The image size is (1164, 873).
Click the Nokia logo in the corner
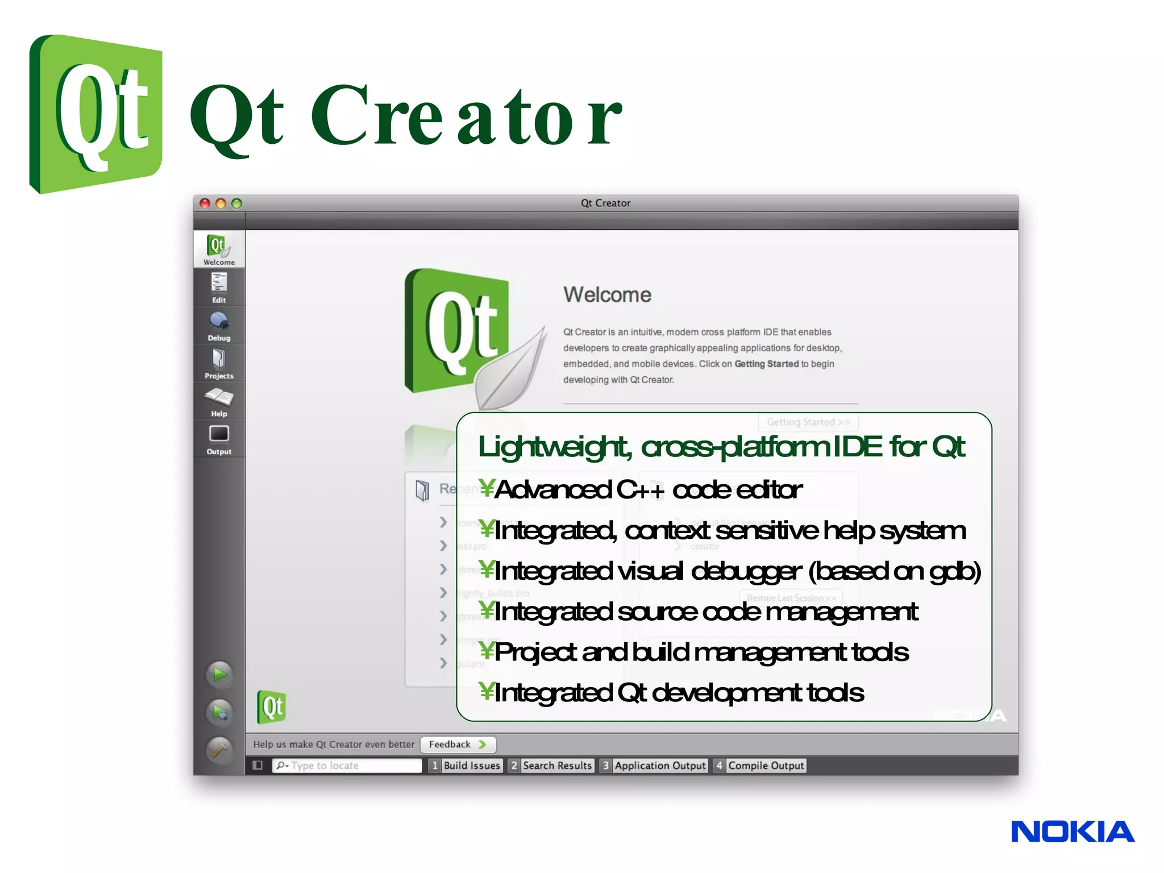(x=1072, y=832)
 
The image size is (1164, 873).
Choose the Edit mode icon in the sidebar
(x=219, y=287)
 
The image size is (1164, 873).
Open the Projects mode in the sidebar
(x=219, y=363)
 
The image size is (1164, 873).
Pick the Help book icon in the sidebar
(x=219, y=401)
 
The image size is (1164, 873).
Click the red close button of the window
(x=205, y=203)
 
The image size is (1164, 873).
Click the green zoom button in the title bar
(x=237, y=203)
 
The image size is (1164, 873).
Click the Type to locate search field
(x=348, y=766)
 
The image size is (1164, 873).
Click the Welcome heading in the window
(x=607, y=295)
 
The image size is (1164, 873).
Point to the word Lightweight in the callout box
(x=554, y=447)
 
